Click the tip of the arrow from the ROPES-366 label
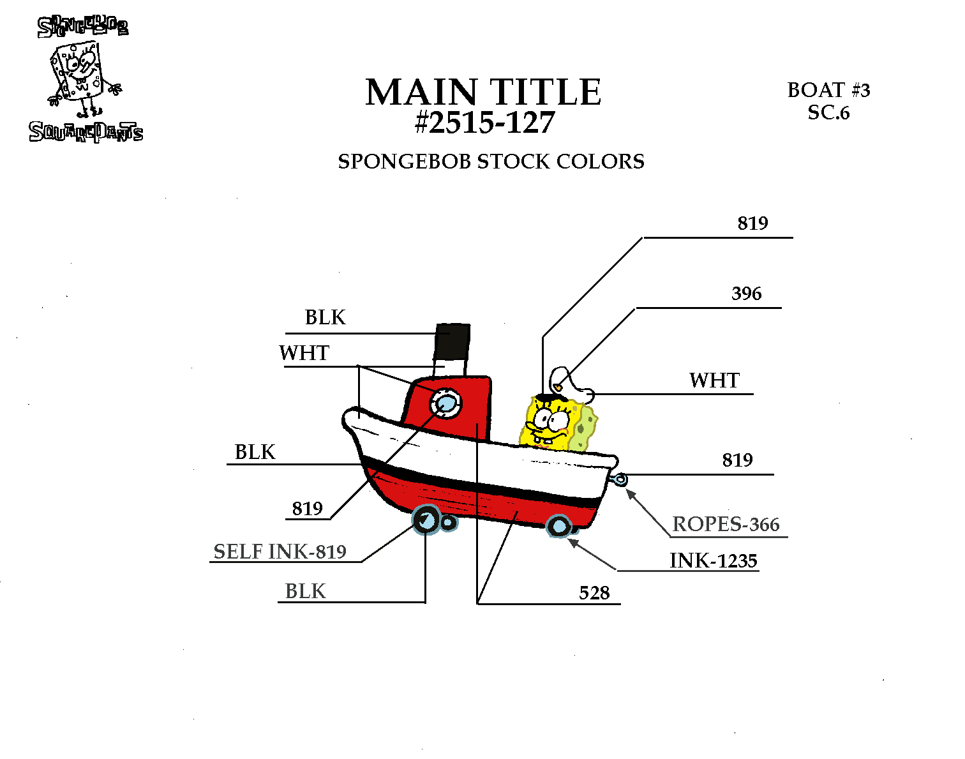coord(626,490)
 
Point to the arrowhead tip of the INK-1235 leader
coord(568,539)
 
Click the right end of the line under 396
coord(782,308)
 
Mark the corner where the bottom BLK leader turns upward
coord(425,602)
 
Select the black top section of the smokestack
coord(453,341)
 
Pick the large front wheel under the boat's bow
coord(426,520)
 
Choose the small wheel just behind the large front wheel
coord(449,522)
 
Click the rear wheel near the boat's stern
coord(558,526)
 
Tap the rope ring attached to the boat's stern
coord(620,479)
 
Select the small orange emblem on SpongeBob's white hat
coord(558,386)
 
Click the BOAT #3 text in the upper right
coord(828,90)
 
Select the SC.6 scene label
coord(828,112)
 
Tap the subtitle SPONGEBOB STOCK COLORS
coord(491,162)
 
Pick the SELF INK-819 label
coord(280,552)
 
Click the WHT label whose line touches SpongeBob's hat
coord(714,380)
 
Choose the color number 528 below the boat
coord(594,592)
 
